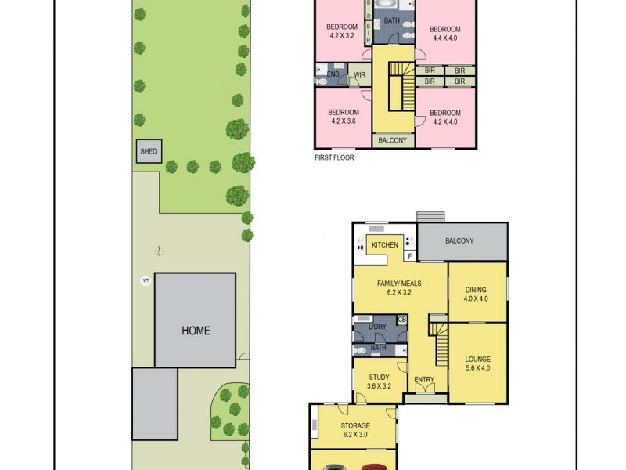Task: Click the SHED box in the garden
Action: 148,151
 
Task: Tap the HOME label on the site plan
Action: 196,330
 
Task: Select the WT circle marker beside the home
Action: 145,280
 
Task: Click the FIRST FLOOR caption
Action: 333,157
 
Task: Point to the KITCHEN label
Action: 384,245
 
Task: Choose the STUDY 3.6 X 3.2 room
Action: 380,381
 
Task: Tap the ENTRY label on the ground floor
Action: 424,381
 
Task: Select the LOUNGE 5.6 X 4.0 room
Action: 477,363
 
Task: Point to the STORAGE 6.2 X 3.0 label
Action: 355,429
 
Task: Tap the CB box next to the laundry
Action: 401,320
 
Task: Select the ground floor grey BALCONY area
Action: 462,241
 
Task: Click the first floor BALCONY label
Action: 392,140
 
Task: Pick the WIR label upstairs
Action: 359,75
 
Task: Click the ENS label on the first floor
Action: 333,75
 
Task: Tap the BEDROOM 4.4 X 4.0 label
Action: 445,34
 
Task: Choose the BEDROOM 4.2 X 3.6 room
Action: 343,116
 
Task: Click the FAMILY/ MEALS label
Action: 399,287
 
